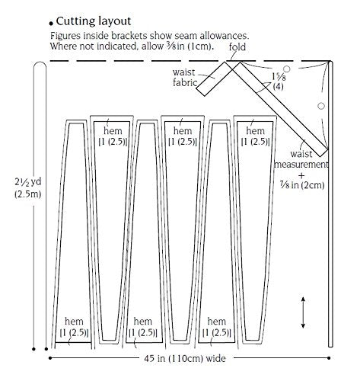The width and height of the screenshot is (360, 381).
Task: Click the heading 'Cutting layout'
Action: pos(94,21)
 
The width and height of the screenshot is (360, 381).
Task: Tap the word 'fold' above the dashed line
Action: pos(237,47)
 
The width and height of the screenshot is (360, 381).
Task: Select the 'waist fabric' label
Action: pos(184,78)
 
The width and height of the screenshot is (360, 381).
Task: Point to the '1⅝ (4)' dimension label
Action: pos(279,82)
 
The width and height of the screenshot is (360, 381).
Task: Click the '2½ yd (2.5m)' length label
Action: pos(28,188)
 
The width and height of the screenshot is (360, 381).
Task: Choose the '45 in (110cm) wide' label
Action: pos(185,358)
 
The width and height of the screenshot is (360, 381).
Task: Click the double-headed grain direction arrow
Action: pos(303,312)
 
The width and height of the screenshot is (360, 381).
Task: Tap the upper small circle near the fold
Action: pos(287,69)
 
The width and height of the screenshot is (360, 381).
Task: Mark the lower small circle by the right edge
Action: pos(321,106)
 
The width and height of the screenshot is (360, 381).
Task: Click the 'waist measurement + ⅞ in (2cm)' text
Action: pos(301,169)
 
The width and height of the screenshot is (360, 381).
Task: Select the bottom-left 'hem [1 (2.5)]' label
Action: pos(74,327)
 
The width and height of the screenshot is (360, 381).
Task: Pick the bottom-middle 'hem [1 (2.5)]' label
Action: pos(143,327)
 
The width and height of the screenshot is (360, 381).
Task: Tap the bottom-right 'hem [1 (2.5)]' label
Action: pos(217,327)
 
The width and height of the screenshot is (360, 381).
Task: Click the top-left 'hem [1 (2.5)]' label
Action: pos(113,136)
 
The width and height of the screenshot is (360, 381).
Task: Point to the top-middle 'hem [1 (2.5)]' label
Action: pos(183,136)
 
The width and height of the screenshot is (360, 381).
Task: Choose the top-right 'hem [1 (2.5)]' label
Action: pos(255,136)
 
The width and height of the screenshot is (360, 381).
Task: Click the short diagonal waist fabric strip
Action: pos(215,78)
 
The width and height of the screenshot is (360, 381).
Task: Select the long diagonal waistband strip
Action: pos(279,109)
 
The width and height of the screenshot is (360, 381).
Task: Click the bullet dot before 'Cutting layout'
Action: pos(52,24)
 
